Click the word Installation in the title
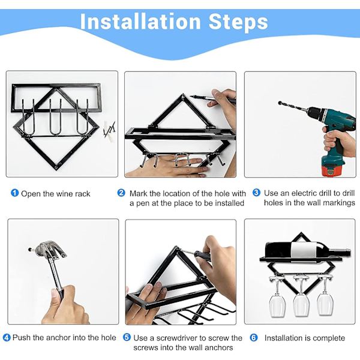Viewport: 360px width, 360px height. tap(140, 22)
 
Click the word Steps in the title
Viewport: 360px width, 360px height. tap(238, 22)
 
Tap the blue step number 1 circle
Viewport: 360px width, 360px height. tap(14, 193)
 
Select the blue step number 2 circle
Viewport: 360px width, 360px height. tap(121, 193)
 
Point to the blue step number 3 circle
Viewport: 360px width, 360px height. tap(256, 193)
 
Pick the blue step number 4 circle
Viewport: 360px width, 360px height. tap(7, 337)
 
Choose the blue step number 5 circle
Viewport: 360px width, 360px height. tap(127, 337)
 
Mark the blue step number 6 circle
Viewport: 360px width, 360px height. tap(254, 337)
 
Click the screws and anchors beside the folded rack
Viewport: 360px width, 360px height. tap(109, 131)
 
